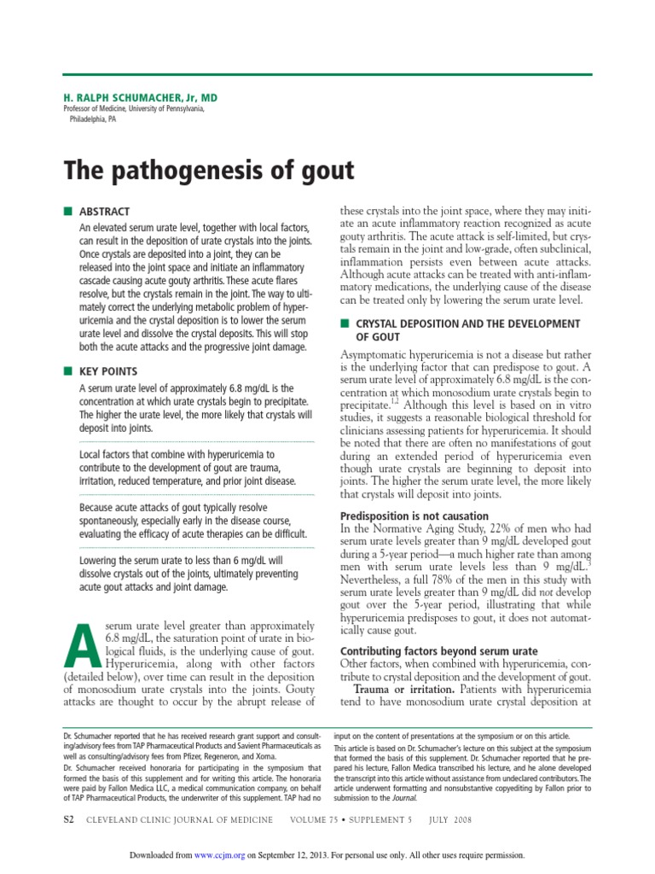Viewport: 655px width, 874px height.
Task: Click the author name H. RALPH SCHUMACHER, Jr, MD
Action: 135,98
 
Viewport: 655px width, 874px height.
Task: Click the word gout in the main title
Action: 323,171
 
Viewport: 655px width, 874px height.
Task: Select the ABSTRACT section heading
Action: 104,212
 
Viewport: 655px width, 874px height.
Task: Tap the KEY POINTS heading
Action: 107,371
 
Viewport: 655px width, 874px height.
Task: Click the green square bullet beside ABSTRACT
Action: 67,211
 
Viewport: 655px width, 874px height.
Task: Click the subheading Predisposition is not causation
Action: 414,516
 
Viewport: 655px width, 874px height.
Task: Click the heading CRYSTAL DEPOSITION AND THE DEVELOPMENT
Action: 467,323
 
